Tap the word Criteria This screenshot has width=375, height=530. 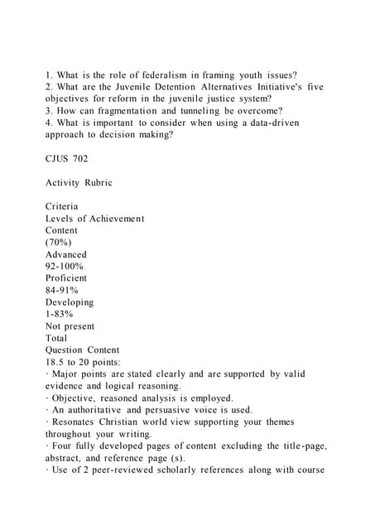(x=63, y=206)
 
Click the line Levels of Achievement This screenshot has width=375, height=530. (x=94, y=219)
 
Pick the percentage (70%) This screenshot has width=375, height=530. (x=60, y=243)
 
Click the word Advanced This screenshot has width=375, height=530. (x=66, y=254)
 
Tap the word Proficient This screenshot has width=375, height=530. (x=66, y=278)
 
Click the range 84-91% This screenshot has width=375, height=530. (x=62, y=291)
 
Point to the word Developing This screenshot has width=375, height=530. (x=70, y=302)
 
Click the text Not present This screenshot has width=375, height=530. (x=70, y=326)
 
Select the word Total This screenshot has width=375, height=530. (x=58, y=338)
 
